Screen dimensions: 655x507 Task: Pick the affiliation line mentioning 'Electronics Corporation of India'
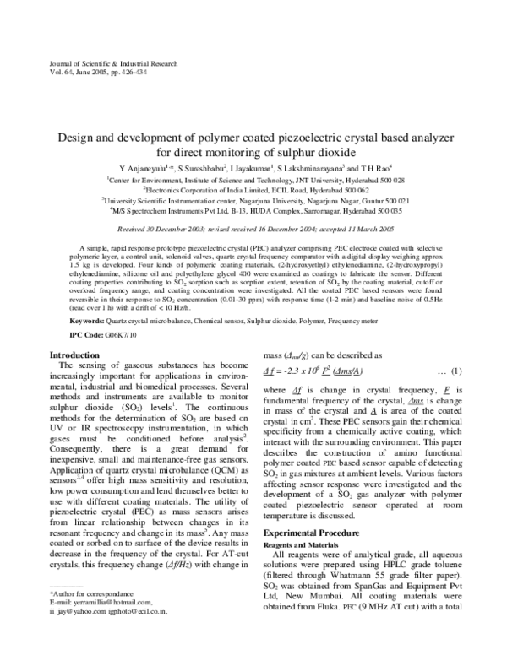tap(254, 192)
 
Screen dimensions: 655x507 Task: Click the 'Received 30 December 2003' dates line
tap(254, 229)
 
